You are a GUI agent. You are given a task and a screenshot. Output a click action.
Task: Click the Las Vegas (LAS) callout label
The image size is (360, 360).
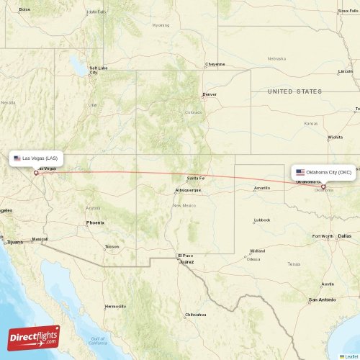tap(38, 158)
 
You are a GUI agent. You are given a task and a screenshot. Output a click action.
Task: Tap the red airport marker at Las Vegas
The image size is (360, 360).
tap(36, 172)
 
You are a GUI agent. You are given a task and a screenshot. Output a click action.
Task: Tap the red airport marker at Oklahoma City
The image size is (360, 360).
tap(323, 187)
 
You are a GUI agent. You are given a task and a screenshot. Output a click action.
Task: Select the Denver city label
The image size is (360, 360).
tap(210, 94)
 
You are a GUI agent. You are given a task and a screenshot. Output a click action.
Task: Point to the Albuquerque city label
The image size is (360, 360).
tap(188, 190)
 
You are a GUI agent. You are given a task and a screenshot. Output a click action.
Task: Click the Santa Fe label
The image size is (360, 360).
tap(196, 178)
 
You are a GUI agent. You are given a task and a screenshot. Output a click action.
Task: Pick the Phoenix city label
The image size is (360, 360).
tap(95, 222)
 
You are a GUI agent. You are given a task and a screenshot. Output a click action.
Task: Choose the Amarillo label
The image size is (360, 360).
tap(261, 188)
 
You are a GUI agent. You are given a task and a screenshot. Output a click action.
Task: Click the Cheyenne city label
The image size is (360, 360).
tap(215, 63)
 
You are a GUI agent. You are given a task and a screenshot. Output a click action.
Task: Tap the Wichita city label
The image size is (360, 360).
tap(335, 137)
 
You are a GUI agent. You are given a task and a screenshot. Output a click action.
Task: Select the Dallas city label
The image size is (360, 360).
tap(345, 235)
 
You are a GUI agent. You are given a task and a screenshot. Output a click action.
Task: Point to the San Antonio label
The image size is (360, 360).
tap(322, 300)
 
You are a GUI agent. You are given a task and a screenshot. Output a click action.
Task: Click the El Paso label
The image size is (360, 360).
tap(186, 256)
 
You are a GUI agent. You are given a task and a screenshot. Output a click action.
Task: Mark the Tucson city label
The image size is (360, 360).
tap(112, 246)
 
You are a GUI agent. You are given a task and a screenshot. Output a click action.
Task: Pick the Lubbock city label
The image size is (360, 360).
tap(262, 220)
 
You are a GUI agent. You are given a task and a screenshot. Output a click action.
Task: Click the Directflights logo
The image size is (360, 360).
tap(34, 337)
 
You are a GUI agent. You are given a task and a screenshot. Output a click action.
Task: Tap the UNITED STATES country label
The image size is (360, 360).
tap(294, 91)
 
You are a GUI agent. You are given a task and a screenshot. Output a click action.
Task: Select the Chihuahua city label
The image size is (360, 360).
tap(195, 315)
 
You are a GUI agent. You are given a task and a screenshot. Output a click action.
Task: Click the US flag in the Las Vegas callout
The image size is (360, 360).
tap(17, 158)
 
